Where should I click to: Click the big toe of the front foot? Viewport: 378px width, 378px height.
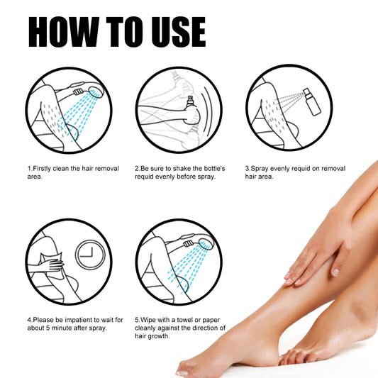(x=186, y=369)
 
